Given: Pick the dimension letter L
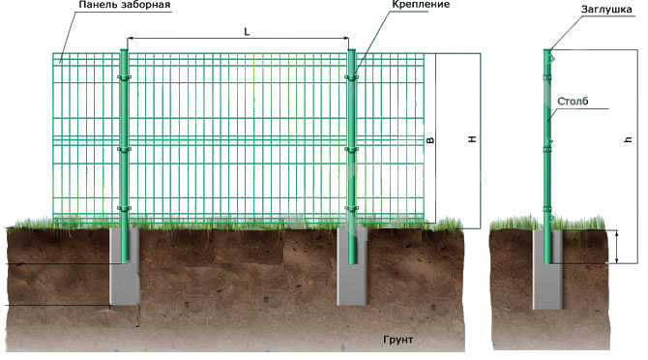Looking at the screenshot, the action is click(x=248, y=32).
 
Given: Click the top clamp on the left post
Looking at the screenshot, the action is click(x=124, y=77).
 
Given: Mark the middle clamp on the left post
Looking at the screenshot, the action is click(x=124, y=149).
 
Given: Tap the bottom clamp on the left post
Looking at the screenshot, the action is click(x=124, y=208).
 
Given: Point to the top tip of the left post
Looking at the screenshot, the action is click(x=124, y=45).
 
